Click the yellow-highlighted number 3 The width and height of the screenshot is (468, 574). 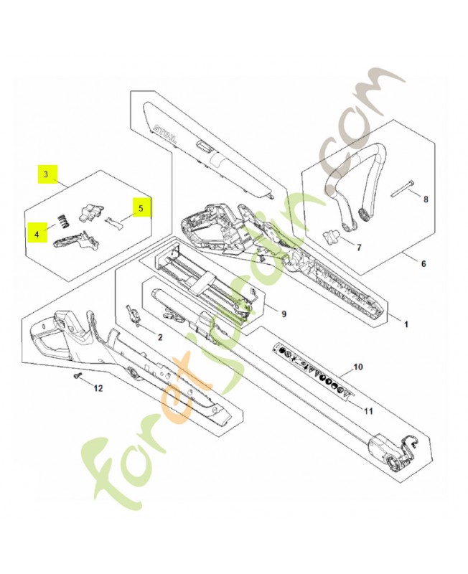tap(47, 174)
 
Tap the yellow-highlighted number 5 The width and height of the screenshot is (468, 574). tap(141, 208)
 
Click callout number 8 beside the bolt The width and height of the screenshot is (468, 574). tap(425, 199)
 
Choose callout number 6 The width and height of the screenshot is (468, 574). tap(423, 264)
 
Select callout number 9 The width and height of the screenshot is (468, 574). tap(284, 314)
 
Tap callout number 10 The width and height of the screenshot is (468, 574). tap(359, 367)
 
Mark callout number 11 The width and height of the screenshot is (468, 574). tap(368, 411)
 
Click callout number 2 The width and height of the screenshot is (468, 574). tap(160, 337)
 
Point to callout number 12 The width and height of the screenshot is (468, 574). tap(99, 388)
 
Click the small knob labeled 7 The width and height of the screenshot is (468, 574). tap(332, 235)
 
